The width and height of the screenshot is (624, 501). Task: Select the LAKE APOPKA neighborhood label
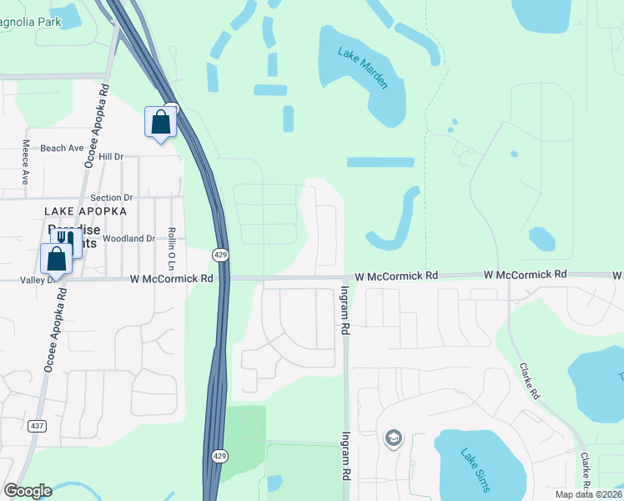click(86, 211)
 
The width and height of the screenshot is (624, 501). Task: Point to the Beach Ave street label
click(62, 148)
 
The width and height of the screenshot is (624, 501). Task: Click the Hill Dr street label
click(110, 156)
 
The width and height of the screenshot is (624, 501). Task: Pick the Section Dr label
click(112, 198)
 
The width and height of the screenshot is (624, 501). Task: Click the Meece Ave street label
click(25, 162)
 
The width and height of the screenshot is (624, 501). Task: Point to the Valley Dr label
click(38, 281)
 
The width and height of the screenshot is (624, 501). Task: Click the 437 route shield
click(37, 426)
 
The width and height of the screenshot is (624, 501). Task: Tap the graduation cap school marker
click(393, 438)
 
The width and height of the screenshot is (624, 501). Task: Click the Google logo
click(28, 491)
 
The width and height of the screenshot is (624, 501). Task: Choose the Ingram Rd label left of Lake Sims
click(345, 455)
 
